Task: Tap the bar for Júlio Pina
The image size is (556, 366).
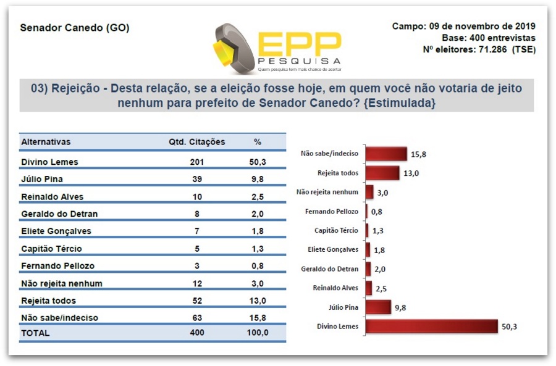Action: pos(378,307)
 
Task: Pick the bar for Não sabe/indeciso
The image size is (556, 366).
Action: pos(386,154)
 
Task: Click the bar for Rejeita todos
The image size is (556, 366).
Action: pos(382,173)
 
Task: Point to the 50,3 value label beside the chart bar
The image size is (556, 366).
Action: pos(510,326)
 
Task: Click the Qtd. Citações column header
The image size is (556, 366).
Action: pos(196,142)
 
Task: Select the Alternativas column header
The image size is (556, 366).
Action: pos(46,142)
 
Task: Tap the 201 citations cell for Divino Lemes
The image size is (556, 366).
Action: pos(198,162)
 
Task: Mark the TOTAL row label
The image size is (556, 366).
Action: pos(36,333)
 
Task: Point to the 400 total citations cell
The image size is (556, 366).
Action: pos(198,333)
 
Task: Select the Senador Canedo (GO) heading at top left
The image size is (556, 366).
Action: pos(75,28)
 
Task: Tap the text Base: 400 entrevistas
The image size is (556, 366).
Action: pos(488,38)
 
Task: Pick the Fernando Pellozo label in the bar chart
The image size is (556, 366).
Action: pos(331,211)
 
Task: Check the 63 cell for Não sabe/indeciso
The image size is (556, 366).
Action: pos(198,318)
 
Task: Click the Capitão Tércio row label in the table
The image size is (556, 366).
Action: pos(51,249)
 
